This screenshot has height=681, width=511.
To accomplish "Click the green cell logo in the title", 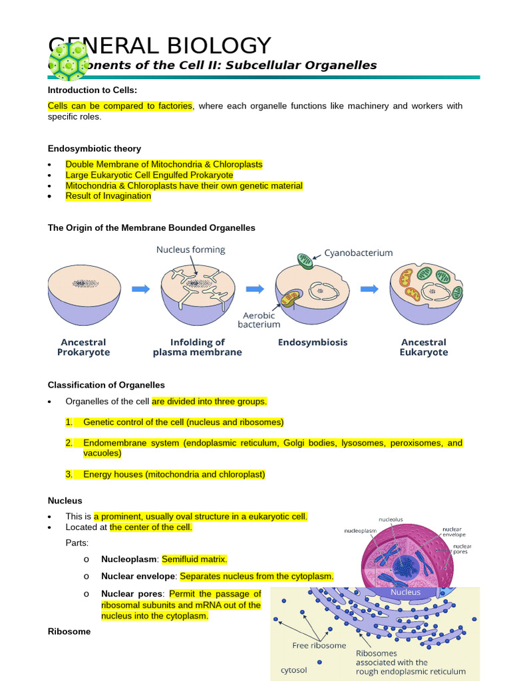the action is (69, 59).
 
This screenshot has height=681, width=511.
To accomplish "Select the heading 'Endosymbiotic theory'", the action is (94, 148).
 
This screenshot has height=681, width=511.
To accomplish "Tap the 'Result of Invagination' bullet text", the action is (108, 196).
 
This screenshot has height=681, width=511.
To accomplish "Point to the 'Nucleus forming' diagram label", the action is (190, 250).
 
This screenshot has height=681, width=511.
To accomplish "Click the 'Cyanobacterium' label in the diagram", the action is (358, 253).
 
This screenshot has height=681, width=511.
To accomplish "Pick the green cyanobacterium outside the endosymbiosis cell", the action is (304, 261).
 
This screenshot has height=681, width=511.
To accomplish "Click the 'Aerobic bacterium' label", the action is (259, 319).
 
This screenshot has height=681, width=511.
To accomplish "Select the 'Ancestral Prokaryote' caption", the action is (83, 347).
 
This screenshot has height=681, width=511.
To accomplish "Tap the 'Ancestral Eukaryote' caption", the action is (423, 347).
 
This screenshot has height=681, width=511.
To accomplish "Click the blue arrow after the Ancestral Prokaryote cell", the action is (140, 289).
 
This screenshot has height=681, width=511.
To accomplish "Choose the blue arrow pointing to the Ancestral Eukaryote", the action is (370, 289).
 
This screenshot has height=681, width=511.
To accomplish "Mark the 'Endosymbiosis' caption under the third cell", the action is (312, 342).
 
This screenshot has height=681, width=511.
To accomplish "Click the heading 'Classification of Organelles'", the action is (106, 385).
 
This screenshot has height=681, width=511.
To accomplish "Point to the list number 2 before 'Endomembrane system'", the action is (69, 443).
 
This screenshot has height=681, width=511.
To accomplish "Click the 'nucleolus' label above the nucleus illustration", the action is (391, 519).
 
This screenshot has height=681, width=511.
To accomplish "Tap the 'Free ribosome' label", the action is (319, 645).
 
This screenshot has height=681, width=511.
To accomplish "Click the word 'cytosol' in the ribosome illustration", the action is (293, 670).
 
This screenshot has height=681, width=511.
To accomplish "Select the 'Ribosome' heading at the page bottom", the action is (69, 632).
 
